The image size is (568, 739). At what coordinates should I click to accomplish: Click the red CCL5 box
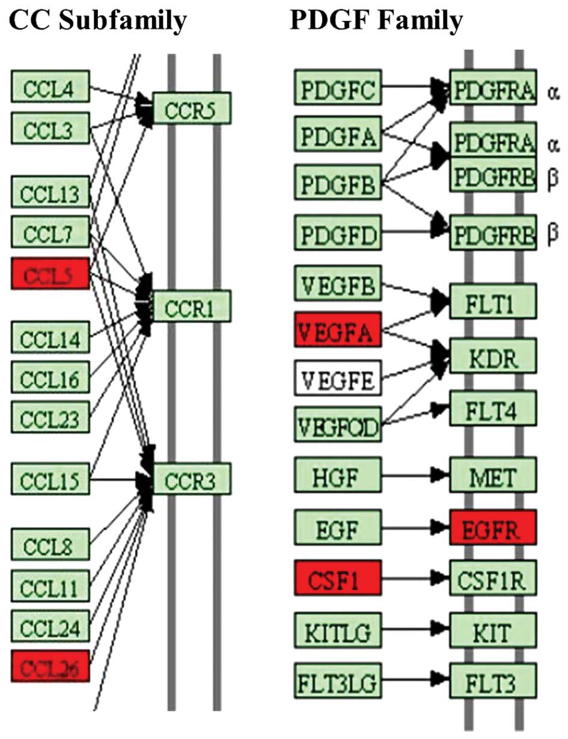point(50,274)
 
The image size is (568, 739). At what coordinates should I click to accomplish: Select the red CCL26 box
point(50,666)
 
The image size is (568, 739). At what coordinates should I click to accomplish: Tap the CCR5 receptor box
point(192,108)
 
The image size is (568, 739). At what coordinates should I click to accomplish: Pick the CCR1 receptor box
point(192,306)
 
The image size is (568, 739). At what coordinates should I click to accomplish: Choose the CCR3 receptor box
point(192,479)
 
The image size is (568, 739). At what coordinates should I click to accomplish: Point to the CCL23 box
point(50,416)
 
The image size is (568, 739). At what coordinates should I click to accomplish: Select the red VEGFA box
point(337,329)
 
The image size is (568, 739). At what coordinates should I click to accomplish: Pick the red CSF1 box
point(337,577)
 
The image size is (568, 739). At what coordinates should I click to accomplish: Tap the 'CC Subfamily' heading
point(97,21)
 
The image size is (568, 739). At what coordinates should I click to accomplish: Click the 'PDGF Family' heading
point(376,21)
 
